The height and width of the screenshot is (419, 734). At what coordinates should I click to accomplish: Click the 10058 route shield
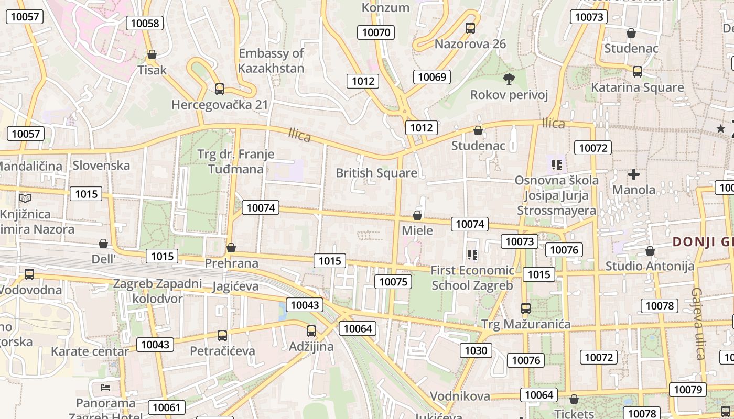[145, 23]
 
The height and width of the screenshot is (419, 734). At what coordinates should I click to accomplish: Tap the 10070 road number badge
[376, 32]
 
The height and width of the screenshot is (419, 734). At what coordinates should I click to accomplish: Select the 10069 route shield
[432, 78]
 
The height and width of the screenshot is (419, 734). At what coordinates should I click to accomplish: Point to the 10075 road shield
[393, 282]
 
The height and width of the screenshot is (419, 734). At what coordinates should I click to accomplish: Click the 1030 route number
[476, 350]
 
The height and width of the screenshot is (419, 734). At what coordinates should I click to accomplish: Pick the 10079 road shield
[687, 390]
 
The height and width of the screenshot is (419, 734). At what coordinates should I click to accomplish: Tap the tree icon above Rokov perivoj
[508, 79]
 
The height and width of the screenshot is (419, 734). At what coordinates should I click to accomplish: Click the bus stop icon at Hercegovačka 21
[220, 89]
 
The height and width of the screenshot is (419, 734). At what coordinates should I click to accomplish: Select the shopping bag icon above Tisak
[152, 54]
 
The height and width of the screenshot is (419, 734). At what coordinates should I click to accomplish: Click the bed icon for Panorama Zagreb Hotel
[105, 388]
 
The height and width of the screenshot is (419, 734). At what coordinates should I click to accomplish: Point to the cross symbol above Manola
[634, 174]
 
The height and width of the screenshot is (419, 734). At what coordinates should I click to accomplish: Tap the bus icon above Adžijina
[311, 331]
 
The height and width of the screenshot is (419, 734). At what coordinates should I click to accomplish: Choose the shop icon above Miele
[417, 215]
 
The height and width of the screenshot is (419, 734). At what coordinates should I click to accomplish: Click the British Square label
[376, 173]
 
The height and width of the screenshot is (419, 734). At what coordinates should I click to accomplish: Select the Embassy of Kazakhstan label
[271, 61]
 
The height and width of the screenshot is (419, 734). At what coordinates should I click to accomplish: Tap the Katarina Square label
[637, 87]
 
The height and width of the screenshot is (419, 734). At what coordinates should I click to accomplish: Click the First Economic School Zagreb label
[472, 278]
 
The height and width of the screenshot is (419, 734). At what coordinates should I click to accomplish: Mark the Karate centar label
[90, 351]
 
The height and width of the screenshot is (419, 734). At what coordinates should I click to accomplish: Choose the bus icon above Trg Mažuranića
[526, 308]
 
